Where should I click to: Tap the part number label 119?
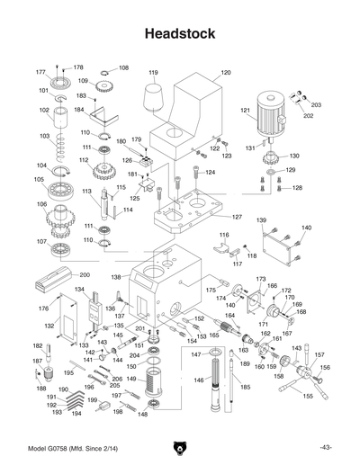[x=154, y=72]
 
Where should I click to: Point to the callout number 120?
[x=225, y=72]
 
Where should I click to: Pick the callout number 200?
[x=85, y=274]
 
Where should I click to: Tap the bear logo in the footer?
[x=180, y=447]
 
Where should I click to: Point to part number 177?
[x=40, y=72]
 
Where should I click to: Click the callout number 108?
[x=123, y=67]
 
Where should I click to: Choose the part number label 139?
[x=261, y=220]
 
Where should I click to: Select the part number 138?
[x=116, y=279]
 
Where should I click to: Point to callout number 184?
[x=78, y=111]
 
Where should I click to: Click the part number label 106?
[x=40, y=204]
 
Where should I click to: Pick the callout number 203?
[x=316, y=105]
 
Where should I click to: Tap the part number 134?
[x=79, y=290]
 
